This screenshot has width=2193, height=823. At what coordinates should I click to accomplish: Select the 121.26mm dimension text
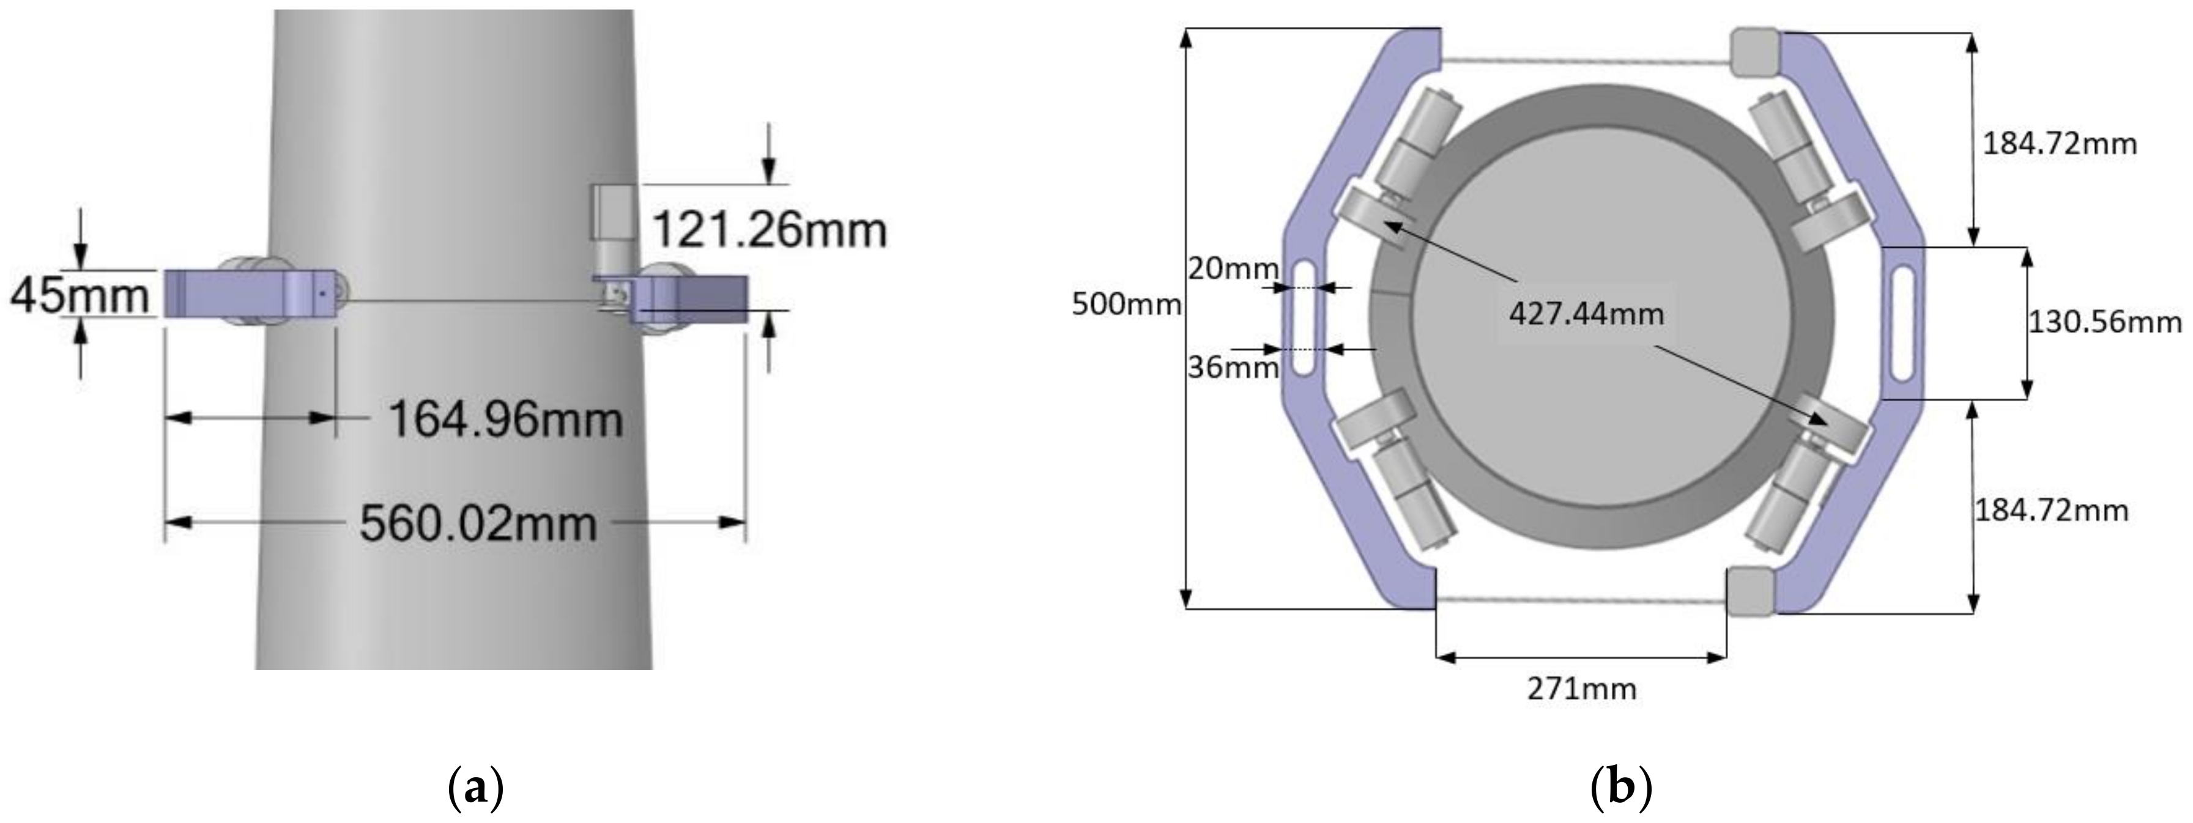[x=769, y=230]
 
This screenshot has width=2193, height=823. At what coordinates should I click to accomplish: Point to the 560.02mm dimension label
[x=478, y=523]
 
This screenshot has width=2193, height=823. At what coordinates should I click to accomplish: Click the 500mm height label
[x=1126, y=304]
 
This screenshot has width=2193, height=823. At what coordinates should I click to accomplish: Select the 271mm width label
[x=1581, y=688]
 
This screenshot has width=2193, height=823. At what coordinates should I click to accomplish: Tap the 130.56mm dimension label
[x=2104, y=322]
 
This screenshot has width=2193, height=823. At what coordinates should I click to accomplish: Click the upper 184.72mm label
[x=2060, y=144]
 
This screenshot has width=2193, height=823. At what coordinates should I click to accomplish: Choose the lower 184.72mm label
[x=2051, y=511]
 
